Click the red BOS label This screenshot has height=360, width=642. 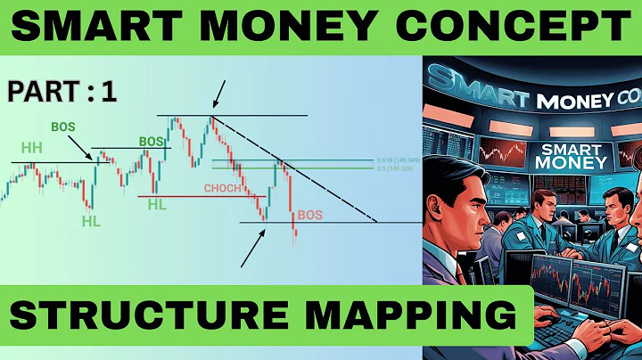click(310, 215)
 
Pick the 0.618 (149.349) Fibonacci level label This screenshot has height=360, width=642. click(398, 160)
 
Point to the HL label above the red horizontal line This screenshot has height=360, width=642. click(157, 204)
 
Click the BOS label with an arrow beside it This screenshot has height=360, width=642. click(63, 126)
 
